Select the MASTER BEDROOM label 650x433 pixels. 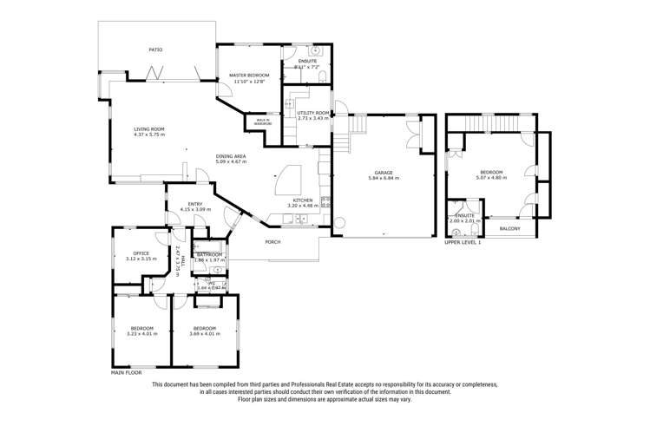[249, 75]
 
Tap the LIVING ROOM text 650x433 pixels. [148, 129]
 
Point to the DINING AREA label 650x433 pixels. [231, 156]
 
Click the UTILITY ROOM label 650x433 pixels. [312, 113]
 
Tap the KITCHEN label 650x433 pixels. [302, 200]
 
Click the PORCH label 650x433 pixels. [272, 242]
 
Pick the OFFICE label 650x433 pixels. [141, 253]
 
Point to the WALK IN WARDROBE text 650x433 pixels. [262, 122]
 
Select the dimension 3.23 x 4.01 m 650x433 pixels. [142, 333]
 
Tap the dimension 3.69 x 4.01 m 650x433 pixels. [204, 333]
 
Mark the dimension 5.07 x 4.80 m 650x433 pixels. [490, 178]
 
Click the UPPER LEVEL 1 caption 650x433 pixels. [463, 243]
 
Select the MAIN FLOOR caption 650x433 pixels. [127, 372]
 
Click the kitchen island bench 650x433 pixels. [286, 180]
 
